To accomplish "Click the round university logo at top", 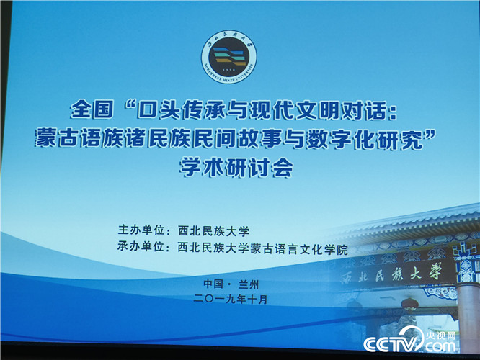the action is tap(228, 57).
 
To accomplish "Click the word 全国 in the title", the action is tap(92, 109).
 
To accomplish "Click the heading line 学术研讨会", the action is tap(236, 168).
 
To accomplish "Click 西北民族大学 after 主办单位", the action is tap(213, 231).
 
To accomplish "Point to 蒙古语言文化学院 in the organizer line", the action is tap(299, 249).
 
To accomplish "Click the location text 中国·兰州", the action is tap(231, 284).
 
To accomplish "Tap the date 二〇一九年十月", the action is tap(231, 299).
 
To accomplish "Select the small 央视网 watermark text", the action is tap(441, 336).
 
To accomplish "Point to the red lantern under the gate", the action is tap(409, 305).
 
